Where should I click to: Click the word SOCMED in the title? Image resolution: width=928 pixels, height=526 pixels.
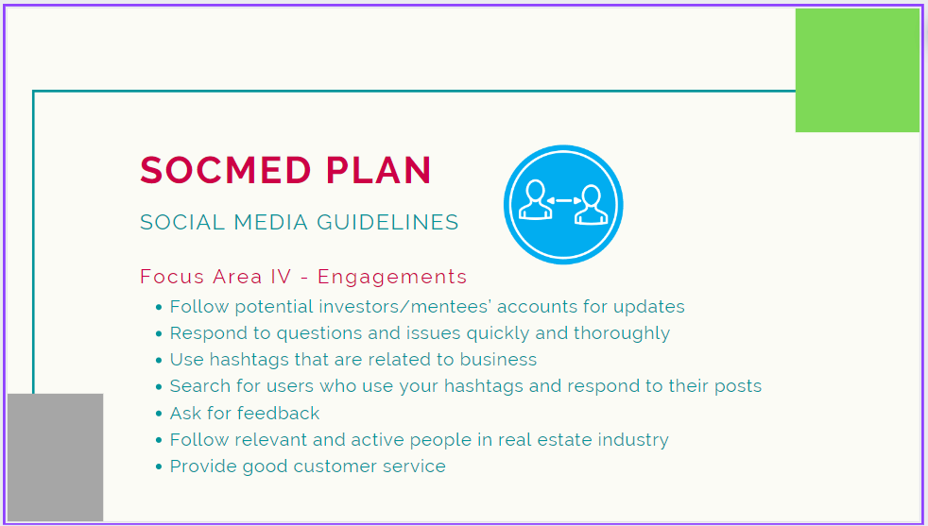(x=226, y=170)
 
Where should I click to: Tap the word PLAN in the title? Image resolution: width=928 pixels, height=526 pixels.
(x=379, y=170)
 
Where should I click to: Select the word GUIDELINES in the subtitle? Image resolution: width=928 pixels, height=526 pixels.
(x=387, y=223)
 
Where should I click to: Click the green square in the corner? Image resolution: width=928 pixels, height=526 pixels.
(x=857, y=70)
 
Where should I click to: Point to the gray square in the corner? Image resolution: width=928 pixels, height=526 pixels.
(x=55, y=457)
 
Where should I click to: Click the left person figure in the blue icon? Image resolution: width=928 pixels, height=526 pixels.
(x=535, y=200)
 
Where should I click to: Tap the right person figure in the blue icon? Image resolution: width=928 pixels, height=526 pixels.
(x=592, y=205)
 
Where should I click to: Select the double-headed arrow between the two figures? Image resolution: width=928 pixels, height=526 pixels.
(x=563, y=200)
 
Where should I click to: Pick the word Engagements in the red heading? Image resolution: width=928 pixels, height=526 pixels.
(x=392, y=278)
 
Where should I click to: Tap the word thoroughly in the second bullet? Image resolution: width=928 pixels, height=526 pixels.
(x=622, y=333)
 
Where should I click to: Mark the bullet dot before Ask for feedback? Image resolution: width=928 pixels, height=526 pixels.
(x=159, y=415)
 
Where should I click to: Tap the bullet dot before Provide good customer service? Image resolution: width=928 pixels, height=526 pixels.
(x=159, y=467)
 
